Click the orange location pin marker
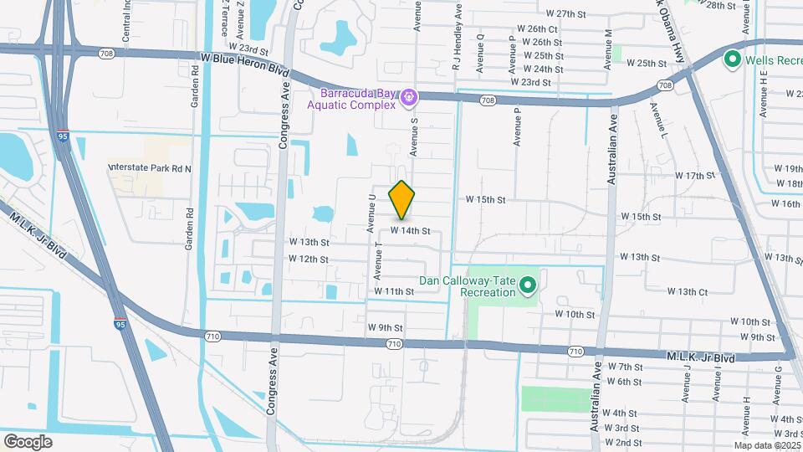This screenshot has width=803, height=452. click(x=402, y=200)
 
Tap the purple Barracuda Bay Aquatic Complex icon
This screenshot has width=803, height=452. click(x=408, y=97)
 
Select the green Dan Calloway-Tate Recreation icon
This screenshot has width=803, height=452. click(x=527, y=286)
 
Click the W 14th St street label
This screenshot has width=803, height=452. click(x=410, y=230)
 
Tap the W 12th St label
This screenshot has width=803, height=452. click(x=309, y=259)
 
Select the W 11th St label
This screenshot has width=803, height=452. click(x=395, y=291)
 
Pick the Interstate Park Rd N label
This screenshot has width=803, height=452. click(x=150, y=168)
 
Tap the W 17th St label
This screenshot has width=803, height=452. click(x=696, y=176)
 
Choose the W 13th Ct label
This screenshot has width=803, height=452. click(x=688, y=291)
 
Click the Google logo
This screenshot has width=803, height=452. click(x=28, y=441)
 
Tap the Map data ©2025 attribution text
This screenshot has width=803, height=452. click(x=767, y=445)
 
